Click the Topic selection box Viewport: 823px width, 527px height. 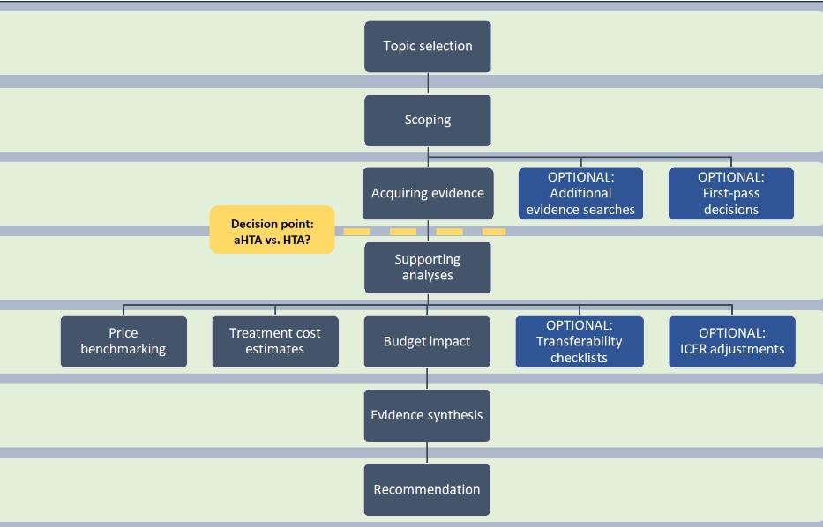click(x=428, y=47)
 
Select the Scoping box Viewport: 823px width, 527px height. click(x=428, y=121)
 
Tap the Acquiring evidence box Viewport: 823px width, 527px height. click(x=427, y=194)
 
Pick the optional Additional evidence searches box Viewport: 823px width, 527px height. click(x=580, y=194)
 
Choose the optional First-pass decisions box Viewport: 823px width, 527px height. click(x=731, y=194)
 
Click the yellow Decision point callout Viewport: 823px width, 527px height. click(x=272, y=230)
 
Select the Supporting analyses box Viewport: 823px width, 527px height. click(x=427, y=268)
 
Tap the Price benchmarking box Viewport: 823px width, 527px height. click(x=123, y=341)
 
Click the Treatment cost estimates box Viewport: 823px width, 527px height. click(x=275, y=341)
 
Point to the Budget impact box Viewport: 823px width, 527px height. click(x=427, y=341)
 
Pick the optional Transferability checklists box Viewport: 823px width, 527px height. click(x=580, y=341)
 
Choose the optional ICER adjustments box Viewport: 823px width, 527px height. click(x=732, y=341)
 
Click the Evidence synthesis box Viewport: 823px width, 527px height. click(x=427, y=415)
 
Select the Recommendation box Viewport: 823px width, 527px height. click(x=427, y=489)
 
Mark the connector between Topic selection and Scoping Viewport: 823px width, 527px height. click(x=428, y=84)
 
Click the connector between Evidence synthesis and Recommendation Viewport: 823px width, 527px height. click(x=427, y=453)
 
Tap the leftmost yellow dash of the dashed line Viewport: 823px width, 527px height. click(x=356, y=232)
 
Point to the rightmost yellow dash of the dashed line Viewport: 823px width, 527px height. click(x=494, y=232)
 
